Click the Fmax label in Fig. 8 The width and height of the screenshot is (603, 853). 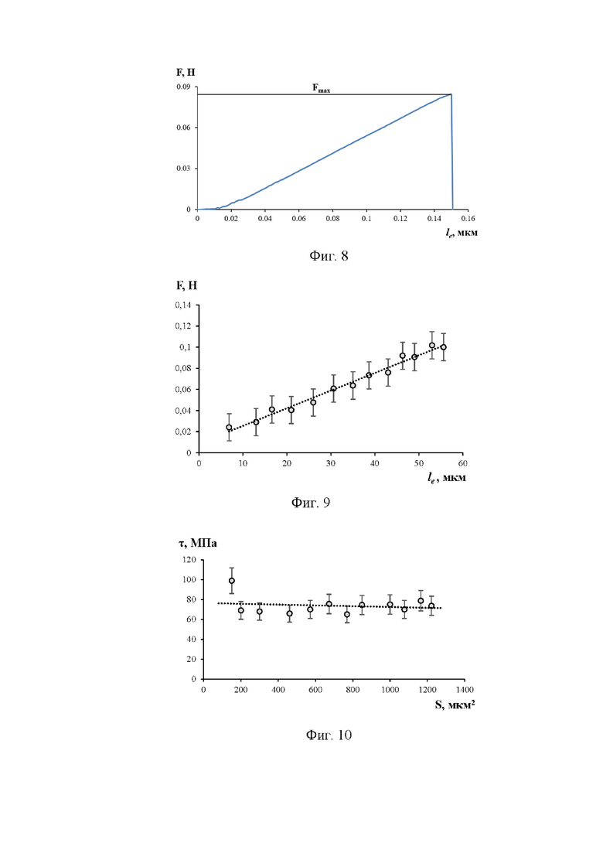click(x=321, y=88)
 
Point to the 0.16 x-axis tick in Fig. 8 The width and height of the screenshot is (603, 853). click(x=468, y=219)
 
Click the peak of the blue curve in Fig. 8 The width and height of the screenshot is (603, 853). click(x=451, y=94)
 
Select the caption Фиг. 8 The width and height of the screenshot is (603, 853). click(x=329, y=256)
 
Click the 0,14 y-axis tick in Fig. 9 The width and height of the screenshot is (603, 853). click(x=183, y=305)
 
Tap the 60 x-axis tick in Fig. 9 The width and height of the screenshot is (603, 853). click(x=463, y=463)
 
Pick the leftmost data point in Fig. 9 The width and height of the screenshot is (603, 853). click(x=229, y=428)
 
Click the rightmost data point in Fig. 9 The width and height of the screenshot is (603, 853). click(x=443, y=347)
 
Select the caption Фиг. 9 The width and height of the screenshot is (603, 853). click(x=311, y=502)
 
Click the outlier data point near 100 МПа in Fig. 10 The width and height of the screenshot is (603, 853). click(x=232, y=581)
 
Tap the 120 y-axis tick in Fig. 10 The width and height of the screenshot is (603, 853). click(x=189, y=560)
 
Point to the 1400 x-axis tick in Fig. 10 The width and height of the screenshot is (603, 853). click(x=465, y=690)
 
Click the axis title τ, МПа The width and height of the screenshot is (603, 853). click(x=198, y=543)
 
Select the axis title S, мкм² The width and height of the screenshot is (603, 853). click(x=455, y=705)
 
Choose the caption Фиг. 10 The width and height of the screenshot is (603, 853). click(x=329, y=735)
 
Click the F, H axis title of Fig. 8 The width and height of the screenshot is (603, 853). click(x=186, y=73)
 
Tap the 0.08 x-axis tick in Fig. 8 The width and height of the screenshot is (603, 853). click(x=332, y=219)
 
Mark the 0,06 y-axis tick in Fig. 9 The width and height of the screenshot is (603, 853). click(x=183, y=390)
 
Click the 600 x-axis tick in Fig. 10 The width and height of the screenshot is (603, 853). click(x=315, y=690)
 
